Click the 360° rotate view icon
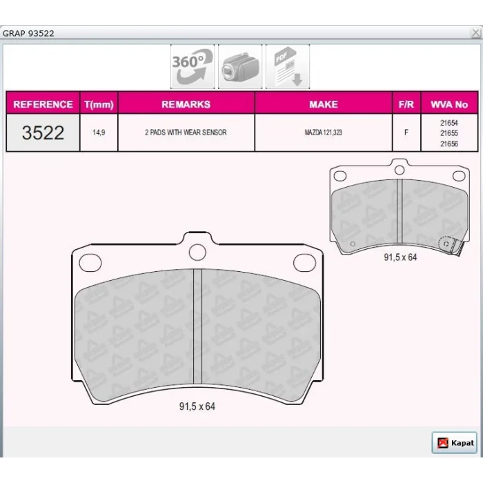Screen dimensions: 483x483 pos(193,66)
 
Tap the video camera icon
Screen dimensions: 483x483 pos(240,66)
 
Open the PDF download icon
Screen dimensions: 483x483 pos(288,66)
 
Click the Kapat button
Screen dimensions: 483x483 pos(455,443)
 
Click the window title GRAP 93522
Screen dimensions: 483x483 pos(28,33)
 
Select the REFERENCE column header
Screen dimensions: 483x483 pos(43,104)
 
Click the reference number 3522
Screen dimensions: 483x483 pos(43,132)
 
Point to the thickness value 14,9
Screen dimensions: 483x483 pos(99,132)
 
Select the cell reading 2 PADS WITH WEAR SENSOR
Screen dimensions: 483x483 pos(186,132)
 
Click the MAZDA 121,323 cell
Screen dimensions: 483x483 pos(324,132)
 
